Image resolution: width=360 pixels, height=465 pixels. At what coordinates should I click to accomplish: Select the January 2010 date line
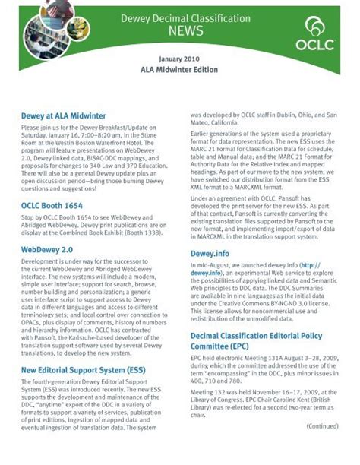[x=179, y=58]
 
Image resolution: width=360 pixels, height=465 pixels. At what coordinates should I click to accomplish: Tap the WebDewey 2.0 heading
[x=47, y=248]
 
